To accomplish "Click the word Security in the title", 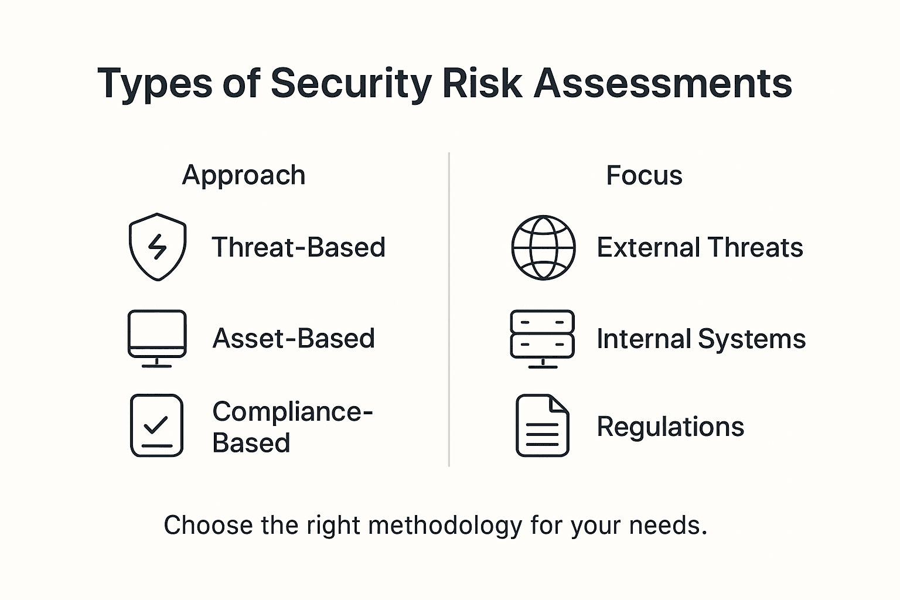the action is coord(351,84).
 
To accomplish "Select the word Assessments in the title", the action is coord(663,83).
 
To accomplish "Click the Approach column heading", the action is coord(244,176).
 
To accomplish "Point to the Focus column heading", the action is coord(644,176).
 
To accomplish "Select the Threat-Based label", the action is coord(298,247).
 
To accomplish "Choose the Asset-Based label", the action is coord(294,339).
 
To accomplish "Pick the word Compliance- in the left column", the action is coord(292,412).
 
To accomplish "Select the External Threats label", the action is coord(700,247).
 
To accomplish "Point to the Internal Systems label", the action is coord(701,339).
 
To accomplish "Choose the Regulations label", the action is coord(670,427).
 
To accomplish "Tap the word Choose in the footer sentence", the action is coord(208,525).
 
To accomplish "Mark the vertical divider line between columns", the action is coord(449,309).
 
